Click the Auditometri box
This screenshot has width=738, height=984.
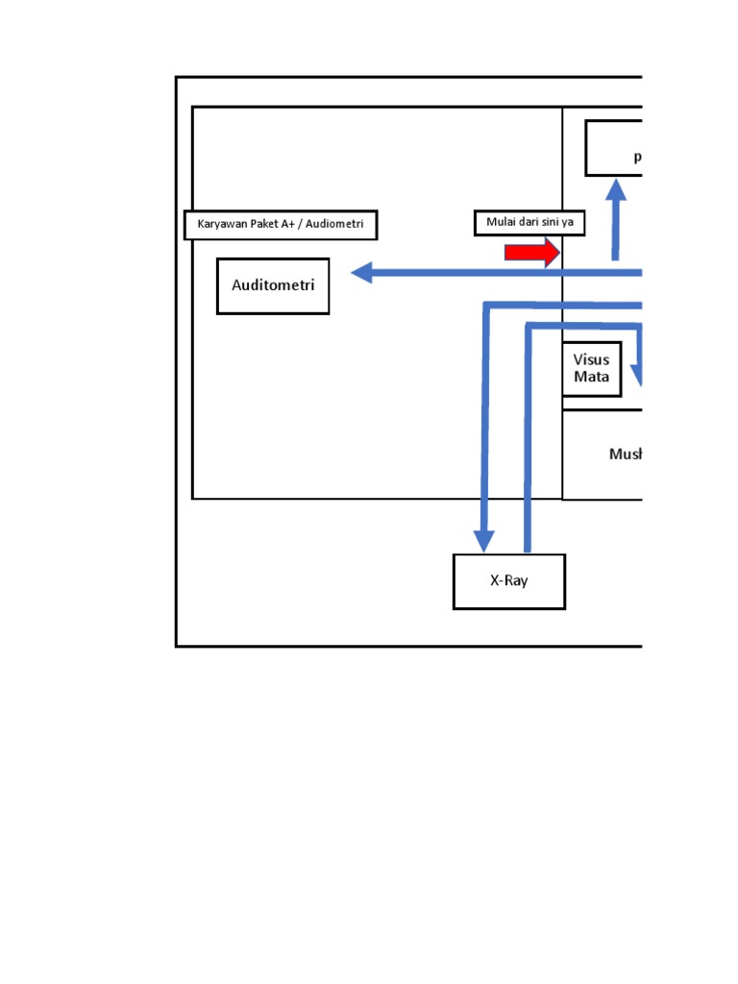[273, 285]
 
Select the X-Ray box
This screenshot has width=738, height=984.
[508, 581]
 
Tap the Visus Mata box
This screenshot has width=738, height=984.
[592, 368]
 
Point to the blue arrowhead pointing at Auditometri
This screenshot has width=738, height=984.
[363, 273]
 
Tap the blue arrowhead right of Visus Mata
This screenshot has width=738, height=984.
[635, 378]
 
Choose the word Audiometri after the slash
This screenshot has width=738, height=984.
[333, 225]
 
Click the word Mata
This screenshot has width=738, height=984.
[592, 377]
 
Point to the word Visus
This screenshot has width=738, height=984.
[592, 360]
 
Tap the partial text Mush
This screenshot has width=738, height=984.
[625, 454]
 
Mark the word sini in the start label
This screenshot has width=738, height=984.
[550, 223]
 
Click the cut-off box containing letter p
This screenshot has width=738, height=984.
[614, 148]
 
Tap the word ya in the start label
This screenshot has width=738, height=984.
[569, 224]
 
